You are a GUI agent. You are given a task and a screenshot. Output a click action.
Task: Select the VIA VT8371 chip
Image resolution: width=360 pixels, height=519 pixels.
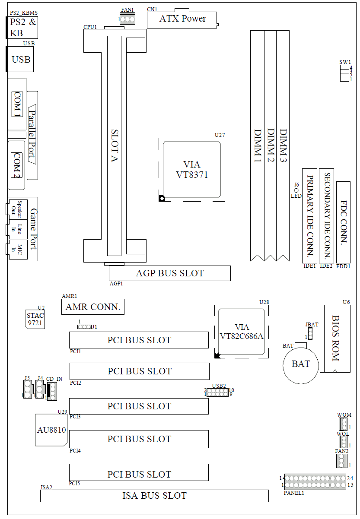[x=192, y=170]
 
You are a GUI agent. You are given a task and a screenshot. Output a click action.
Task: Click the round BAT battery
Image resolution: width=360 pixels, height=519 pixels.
[x=300, y=364]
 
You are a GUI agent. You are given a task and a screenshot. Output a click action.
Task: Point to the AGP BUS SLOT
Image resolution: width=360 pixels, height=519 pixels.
[x=169, y=273]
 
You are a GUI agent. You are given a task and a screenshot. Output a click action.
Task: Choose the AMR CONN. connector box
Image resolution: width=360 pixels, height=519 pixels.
[x=92, y=307]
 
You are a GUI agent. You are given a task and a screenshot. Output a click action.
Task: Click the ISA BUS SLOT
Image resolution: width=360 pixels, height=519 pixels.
[x=154, y=496]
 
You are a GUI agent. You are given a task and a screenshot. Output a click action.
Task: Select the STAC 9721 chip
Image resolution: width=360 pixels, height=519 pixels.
[x=35, y=319]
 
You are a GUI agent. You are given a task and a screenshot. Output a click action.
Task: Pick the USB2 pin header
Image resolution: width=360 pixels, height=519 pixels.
[x=217, y=392]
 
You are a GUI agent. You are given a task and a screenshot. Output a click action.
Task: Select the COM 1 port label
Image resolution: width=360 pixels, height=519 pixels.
[x=17, y=104]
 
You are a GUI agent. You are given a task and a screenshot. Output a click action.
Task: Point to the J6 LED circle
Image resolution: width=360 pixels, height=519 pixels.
[x=296, y=190]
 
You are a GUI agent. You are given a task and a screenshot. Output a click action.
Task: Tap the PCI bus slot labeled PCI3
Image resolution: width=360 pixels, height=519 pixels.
[x=139, y=406]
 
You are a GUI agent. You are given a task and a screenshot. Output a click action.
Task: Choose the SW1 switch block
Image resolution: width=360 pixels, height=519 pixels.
[x=344, y=74]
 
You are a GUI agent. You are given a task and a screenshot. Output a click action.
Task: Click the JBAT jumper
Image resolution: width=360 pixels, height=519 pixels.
[x=310, y=333]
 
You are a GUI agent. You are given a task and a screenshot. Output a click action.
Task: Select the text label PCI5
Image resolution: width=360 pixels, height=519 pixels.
[x=75, y=484]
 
